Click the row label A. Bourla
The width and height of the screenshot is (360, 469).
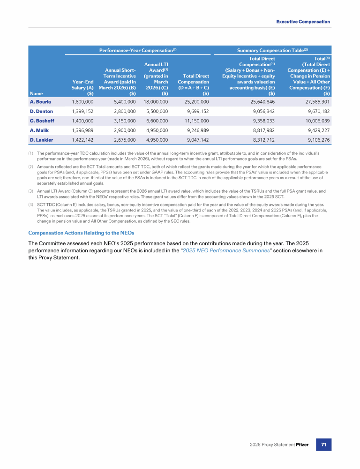pos(40,101)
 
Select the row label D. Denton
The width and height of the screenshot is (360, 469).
pos(41,111)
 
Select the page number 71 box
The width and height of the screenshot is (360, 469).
pos(323,444)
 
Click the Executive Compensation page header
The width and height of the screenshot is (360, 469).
pos(303,22)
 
